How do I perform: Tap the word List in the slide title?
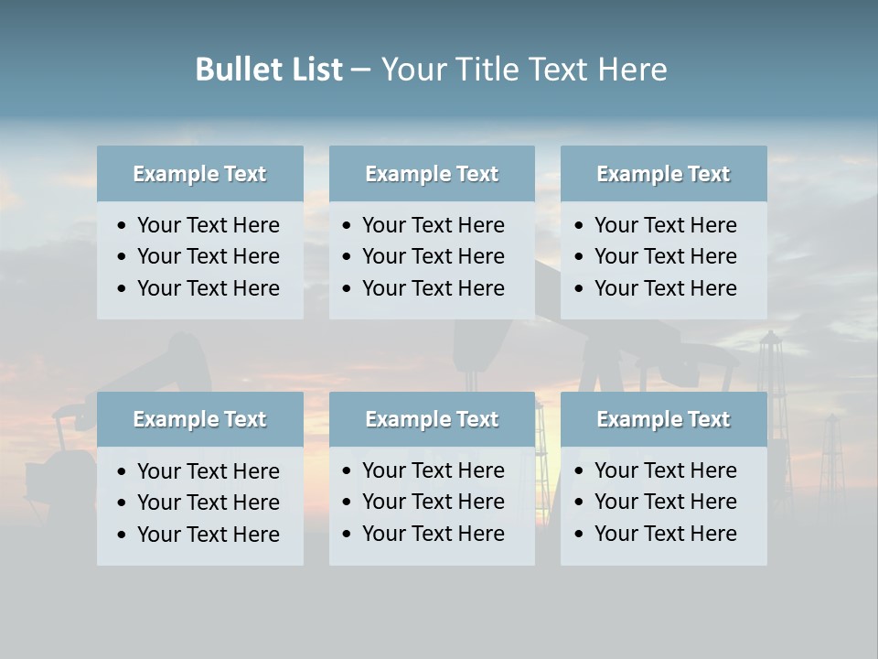312,70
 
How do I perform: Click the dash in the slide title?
361,70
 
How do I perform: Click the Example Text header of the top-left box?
199,174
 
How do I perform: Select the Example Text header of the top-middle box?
432,174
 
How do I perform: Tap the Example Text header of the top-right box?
663,174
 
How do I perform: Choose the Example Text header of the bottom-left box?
199,419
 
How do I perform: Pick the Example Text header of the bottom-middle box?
432,419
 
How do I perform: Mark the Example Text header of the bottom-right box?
663,419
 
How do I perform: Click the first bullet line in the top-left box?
208,225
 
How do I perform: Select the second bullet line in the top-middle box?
433,256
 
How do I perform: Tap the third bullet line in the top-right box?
665,288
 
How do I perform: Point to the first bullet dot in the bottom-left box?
123,472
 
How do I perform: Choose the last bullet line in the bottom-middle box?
433,534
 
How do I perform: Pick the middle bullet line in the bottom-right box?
665,502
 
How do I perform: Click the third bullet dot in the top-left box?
123,289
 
